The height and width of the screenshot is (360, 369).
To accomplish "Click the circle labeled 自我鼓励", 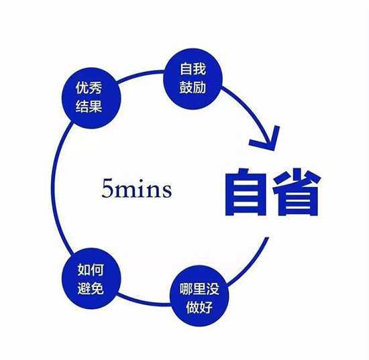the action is coord(193,79).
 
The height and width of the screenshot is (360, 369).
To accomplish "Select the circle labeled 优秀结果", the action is coord(91,98).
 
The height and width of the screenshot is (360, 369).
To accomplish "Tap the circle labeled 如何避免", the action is coord(91,279).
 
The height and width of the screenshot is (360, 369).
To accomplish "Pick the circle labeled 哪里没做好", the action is coord(199,296).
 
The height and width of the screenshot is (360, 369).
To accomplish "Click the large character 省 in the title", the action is coord(297,192).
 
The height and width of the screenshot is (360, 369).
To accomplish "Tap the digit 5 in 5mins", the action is coord(107,188).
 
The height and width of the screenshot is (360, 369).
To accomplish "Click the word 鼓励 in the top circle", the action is coord(193,87).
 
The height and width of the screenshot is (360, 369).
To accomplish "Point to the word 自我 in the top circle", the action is coord(193,69).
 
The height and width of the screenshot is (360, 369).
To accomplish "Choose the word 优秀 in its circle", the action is coord(89,88).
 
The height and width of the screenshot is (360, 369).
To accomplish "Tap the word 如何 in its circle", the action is coord(91,269).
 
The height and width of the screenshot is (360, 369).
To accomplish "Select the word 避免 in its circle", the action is coord(91,288).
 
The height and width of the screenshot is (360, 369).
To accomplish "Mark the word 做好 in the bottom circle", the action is coord(199,307).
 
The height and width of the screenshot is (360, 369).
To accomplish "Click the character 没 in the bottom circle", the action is coord(212,288).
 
